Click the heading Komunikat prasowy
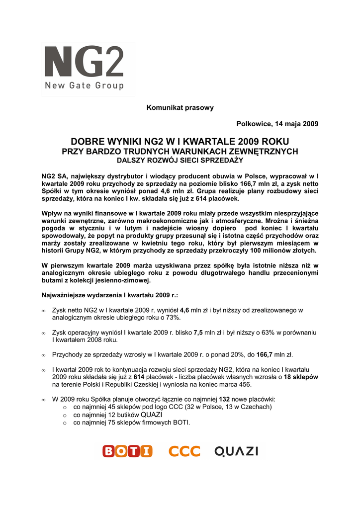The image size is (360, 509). click(x=180, y=108)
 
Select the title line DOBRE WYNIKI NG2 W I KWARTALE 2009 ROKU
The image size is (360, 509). click(x=180, y=142)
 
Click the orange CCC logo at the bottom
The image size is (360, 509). click(x=184, y=451)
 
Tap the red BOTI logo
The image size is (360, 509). click(x=127, y=451)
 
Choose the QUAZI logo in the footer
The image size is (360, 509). click(x=236, y=451)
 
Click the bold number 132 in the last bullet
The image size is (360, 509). click(x=224, y=399)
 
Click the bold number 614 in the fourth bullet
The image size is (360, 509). click(x=132, y=377)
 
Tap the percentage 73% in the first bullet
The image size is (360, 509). click(x=172, y=317)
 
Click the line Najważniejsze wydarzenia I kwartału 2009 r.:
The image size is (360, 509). click(x=110, y=295)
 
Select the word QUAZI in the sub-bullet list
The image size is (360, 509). click(x=152, y=415)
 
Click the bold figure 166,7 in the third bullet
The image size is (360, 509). click(x=265, y=355)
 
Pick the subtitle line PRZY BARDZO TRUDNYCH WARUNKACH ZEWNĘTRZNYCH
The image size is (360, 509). click(x=180, y=151)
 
